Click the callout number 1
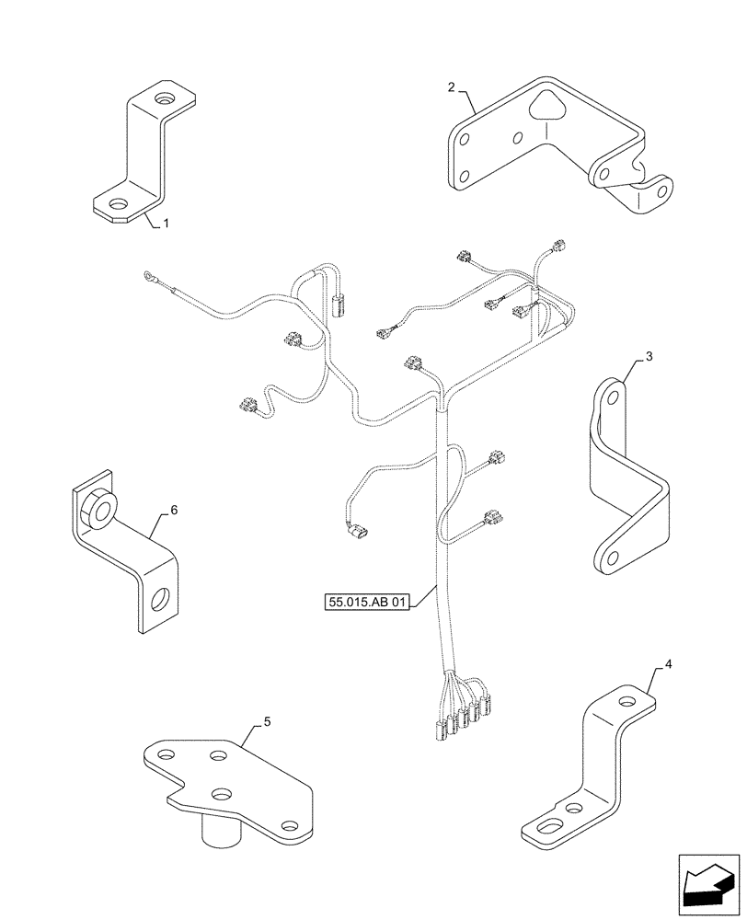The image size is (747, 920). (x=166, y=224)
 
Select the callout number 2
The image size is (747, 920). (x=451, y=87)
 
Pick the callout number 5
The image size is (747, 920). (x=267, y=722)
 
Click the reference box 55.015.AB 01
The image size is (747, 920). (x=366, y=603)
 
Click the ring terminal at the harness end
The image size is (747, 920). (x=147, y=274)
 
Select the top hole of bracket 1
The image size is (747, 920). (x=164, y=99)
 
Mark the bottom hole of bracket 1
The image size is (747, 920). (x=119, y=204)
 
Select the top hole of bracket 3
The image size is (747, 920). (x=610, y=397)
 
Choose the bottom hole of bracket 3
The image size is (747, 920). (x=608, y=556)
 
